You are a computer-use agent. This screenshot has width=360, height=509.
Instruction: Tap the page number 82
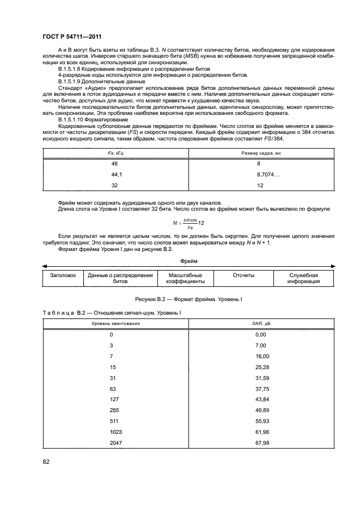tap(47, 462)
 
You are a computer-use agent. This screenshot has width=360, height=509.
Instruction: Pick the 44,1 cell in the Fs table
tap(117, 174)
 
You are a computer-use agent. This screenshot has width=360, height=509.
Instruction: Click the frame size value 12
tap(260, 185)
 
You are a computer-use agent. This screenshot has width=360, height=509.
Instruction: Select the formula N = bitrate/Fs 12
tap(188, 224)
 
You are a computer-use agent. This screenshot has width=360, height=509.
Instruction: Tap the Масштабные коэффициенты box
tap(186, 279)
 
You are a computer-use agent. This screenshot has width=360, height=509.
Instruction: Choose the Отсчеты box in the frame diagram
tap(243, 275)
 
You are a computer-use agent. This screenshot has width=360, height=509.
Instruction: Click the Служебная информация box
tap(303, 279)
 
